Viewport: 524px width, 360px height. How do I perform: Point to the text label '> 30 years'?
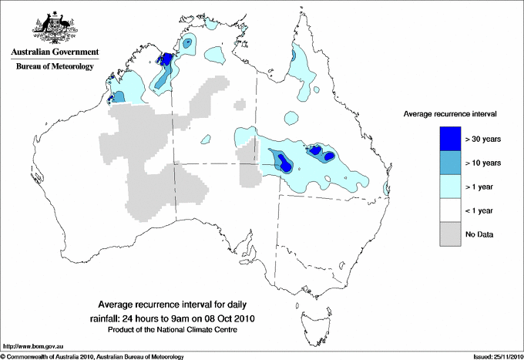[x=483, y=140]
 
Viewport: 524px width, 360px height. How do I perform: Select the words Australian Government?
[x=54, y=52]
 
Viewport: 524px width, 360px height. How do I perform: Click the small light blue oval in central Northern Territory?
[x=204, y=140]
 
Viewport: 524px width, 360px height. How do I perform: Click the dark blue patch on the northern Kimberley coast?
[x=166, y=59]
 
